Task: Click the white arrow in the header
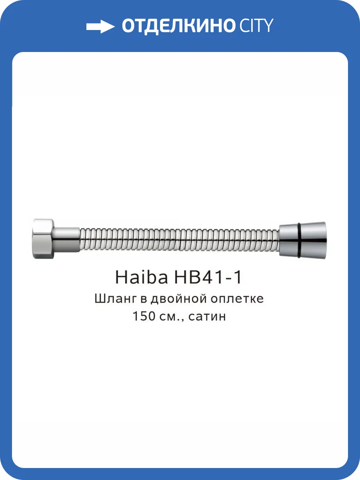point(100,27)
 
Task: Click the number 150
point(144,316)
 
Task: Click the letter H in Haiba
point(121,277)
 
